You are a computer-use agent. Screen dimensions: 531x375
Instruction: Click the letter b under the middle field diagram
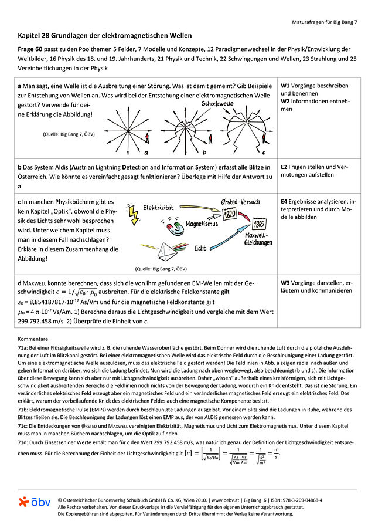(x=204, y=153)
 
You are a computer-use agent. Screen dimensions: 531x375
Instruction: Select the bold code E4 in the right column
(x=285, y=202)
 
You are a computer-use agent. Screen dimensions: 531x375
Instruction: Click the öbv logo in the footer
(x=34, y=502)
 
